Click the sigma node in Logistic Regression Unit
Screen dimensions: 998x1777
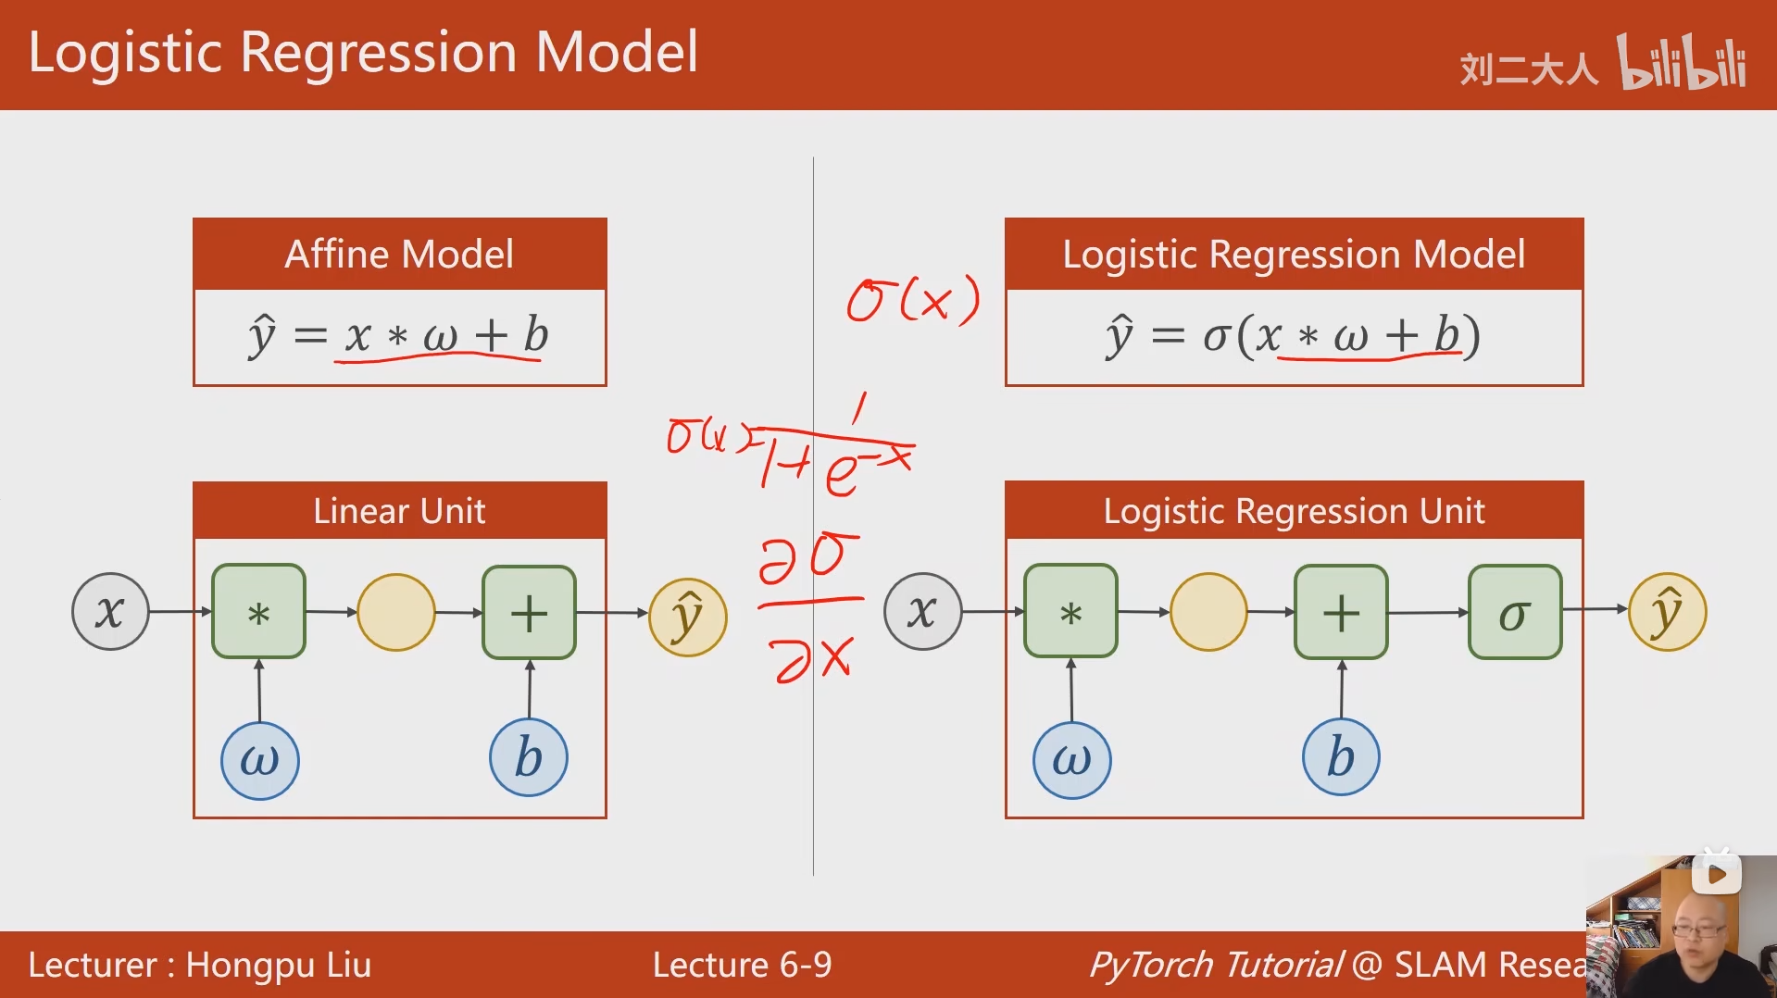1514,613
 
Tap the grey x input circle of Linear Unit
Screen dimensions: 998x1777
110,612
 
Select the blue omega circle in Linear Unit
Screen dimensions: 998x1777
259,760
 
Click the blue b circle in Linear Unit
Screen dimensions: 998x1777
528,758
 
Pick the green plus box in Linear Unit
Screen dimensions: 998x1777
529,613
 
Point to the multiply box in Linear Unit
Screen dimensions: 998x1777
258,612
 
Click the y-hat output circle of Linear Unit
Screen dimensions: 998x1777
687,616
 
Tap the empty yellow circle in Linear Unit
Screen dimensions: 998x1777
395,612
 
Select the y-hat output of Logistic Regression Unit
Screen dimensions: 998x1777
1667,612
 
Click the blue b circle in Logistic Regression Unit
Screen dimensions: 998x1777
1341,757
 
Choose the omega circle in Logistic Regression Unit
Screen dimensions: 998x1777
1071,760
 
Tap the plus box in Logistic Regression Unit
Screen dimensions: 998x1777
1340,613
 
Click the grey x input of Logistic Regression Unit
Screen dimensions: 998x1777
922,611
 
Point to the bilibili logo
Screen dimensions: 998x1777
1682,63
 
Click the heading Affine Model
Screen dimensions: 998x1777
399,254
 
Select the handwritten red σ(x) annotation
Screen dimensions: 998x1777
913,300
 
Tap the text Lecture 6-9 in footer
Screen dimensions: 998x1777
742,965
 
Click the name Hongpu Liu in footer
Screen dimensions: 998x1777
278,965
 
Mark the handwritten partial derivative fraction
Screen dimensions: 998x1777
809,606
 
